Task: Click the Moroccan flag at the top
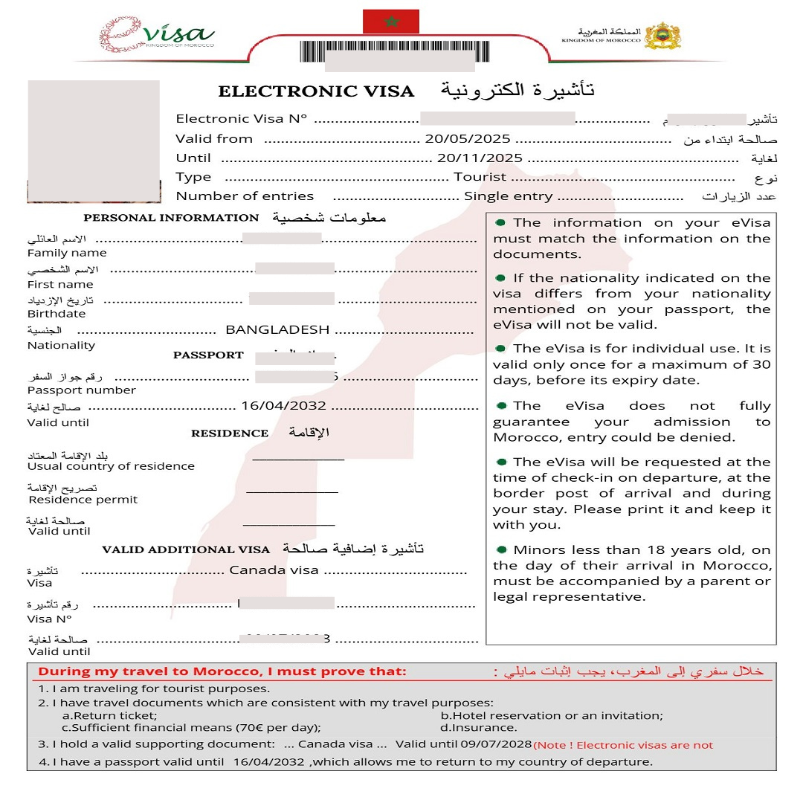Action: pos(390,22)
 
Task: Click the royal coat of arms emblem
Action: pos(661,35)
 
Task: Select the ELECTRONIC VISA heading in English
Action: pos(316,92)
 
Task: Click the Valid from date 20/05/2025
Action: pos(467,139)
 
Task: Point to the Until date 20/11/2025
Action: pos(480,158)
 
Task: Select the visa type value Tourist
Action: pos(480,178)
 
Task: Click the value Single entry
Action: pos(508,197)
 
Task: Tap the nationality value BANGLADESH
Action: pos(277,330)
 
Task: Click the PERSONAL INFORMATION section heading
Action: pos(171,218)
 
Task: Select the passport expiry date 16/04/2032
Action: pos(284,407)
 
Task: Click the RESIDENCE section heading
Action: pos(230,433)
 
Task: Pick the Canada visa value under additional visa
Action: pos(274,570)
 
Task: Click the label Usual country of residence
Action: pos(111,466)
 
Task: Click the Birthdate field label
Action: pos(57,314)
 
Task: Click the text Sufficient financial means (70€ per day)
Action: pos(196,728)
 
